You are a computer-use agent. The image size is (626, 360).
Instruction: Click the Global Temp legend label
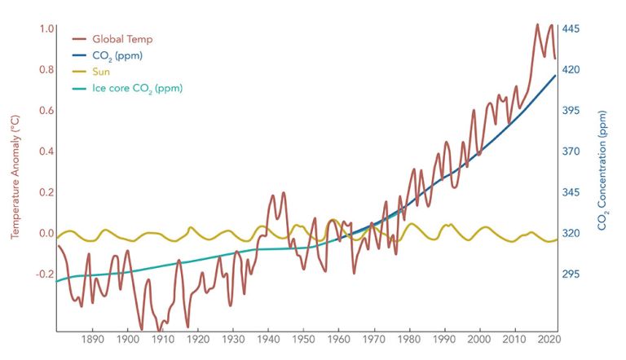tap(122, 39)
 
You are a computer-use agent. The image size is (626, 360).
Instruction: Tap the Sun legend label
tap(102, 72)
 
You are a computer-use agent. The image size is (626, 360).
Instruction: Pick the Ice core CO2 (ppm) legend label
tap(137, 88)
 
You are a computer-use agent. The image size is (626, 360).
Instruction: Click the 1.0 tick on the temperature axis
tap(46, 29)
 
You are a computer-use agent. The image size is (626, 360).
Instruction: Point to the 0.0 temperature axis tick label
tap(46, 233)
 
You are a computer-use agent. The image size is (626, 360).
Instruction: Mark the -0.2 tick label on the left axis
tap(45, 274)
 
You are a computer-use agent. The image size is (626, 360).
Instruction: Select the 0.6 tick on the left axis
tap(46, 111)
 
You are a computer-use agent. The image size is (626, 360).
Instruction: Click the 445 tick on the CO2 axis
tap(571, 29)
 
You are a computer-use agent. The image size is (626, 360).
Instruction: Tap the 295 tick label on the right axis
tap(571, 274)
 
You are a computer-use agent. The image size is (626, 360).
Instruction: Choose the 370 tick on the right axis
tap(571, 151)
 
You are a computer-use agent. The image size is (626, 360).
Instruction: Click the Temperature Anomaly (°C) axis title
tap(15, 175)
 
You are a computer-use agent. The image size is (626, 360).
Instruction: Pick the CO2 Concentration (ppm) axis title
tap(603, 175)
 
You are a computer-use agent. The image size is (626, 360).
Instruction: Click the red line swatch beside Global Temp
tap(80, 39)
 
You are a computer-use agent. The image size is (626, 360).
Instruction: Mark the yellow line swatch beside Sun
tap(80, 72)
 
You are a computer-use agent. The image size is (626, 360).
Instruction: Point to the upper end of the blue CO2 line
tap(555, 76)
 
